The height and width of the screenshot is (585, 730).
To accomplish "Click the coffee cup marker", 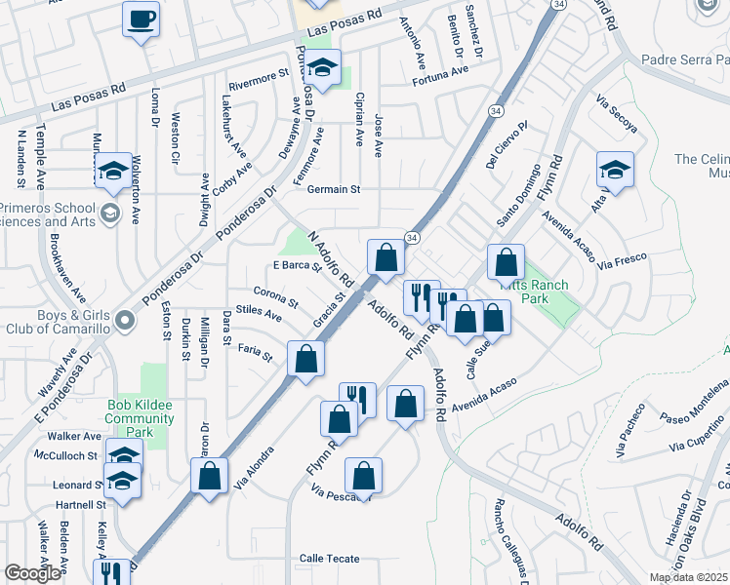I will [x=142, y=19].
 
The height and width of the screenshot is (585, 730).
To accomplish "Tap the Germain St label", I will [x=335, y=189].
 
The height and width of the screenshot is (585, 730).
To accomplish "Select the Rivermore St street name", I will [x=259, y=78].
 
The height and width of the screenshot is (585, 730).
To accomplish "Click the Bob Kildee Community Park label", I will [x=140, y=419].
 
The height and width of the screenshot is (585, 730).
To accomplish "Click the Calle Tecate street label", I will [x=329, y=559].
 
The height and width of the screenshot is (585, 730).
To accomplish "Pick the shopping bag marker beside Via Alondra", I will [x=210, y=476].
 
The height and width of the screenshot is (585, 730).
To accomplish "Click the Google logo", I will [x=32, y=573].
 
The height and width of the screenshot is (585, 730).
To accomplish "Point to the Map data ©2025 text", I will [x=688, y=577].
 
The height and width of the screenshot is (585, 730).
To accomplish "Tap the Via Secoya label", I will [x=616, y=115].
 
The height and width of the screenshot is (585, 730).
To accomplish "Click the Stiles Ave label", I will [x=259, y=313].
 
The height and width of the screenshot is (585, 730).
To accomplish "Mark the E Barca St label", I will [x=298, y=267].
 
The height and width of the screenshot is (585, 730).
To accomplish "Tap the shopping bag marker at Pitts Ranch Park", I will [x=507, y=262].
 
